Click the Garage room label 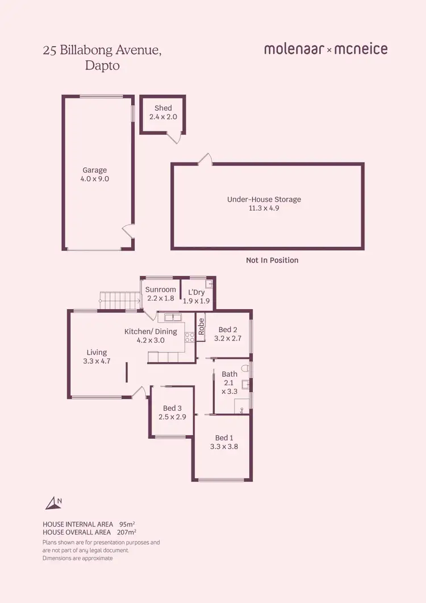94,170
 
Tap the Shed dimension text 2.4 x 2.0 163,117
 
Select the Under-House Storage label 264,199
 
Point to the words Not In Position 272,260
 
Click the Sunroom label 161,289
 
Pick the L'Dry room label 196,293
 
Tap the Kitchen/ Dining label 151,331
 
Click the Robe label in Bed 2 201,325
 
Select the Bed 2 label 228,330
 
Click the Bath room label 229,374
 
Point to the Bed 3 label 172,408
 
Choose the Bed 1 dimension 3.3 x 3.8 224,447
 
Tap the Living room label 97,352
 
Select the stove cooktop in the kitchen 189,336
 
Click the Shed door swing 177,137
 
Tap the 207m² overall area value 128,532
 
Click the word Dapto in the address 102,65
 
